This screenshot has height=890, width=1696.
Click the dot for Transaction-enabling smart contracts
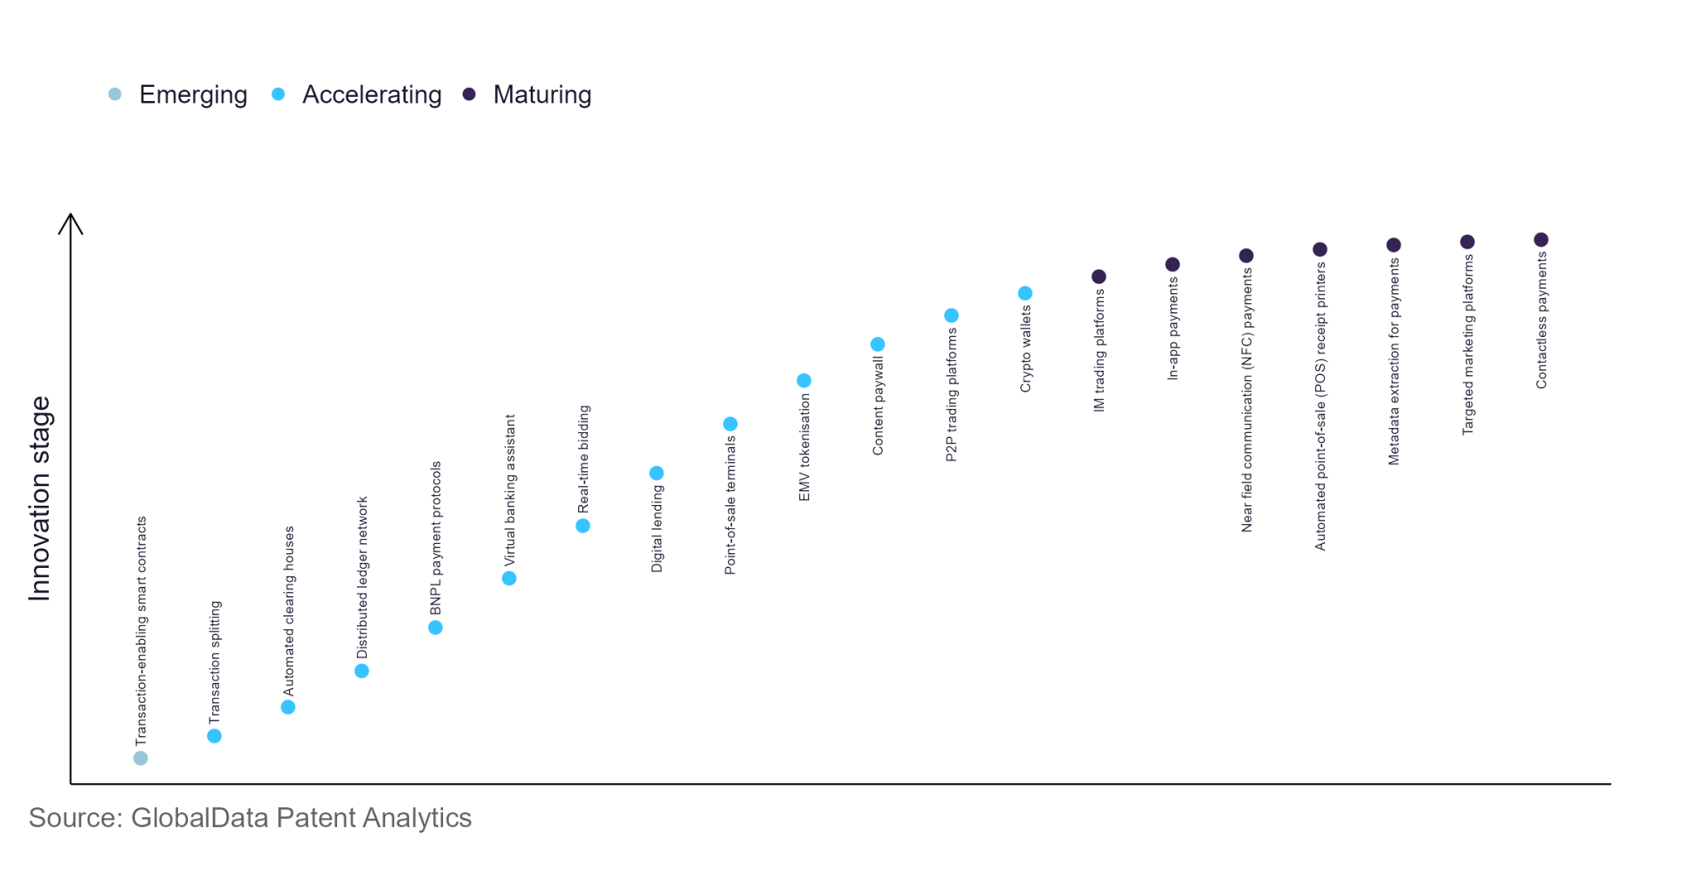[141, 758]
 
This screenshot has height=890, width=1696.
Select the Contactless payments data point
[1540, 240]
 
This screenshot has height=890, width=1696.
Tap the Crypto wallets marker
[1024, 293]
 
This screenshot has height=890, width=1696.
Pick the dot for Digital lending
[656, 474]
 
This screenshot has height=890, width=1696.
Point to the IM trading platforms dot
[1098, 277]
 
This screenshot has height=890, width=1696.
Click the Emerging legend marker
[115, 94]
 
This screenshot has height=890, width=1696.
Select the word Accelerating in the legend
[372, 95]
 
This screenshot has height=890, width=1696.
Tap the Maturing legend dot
[469, 94]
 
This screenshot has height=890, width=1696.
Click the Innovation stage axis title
[40, 498]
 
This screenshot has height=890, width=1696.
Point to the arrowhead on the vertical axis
[70, 220]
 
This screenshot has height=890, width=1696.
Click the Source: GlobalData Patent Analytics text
[250, 818]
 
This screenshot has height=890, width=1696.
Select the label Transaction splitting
[215, 662]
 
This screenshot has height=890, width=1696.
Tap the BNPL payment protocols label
[436, 538]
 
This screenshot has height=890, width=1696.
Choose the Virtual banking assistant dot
[509, 579]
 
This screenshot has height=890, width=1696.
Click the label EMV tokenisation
[804, 447]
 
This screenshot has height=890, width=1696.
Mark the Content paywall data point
[877, 344]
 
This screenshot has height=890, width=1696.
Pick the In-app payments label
[1173, 329]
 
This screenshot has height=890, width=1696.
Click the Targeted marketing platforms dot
[1467, 242]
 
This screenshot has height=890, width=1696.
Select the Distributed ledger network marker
[362, 671]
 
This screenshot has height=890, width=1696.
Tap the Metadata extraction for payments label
[1394, 362]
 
